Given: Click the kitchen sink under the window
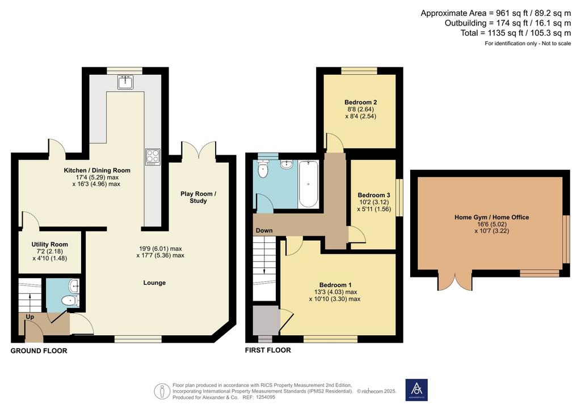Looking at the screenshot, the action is [x=125, y=82].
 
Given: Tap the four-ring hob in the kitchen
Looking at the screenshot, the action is [x=153, y=157].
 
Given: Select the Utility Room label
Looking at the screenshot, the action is [x=50, y=245].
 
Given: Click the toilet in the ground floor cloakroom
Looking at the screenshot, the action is [x=70, y=301].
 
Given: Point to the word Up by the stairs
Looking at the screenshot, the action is [x=30, y=317].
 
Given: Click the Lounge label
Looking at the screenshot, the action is [x=154, y=283].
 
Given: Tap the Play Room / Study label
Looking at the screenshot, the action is [x=198, y=197].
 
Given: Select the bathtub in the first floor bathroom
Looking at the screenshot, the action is [x=308, y=183].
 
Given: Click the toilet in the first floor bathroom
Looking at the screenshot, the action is [x=263, y=170].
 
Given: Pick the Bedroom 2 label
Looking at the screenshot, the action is [x=360, y=103].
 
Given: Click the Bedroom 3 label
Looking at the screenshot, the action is [x=374, y=195].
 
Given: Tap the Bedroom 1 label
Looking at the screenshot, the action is [x=335, y=285].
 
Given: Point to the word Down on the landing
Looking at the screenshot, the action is [x=264, y=230].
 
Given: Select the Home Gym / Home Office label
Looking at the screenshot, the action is [x=492, y=217].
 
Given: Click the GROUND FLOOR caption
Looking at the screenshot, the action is [x=39, y=351].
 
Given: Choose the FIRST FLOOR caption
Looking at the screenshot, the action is [x=268, y=350].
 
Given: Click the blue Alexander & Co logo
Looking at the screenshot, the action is [x=416, y=390].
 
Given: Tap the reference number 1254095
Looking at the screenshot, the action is [x=264, y=398].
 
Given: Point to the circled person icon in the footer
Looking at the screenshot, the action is [x=162, y=391].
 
